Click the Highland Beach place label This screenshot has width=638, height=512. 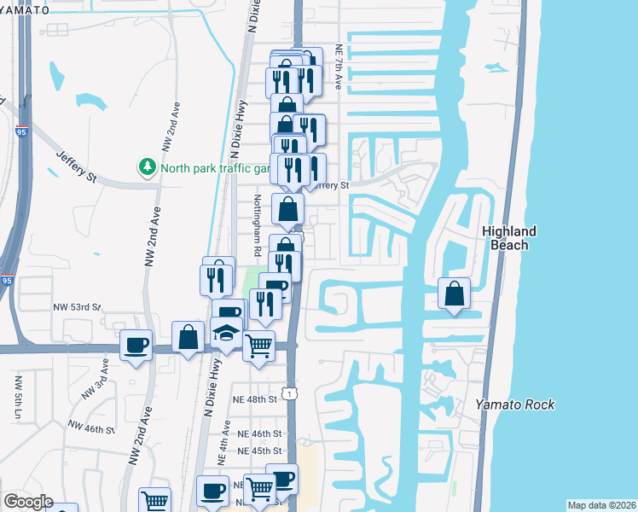[509, 238]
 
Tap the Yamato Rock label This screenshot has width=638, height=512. [515, 404]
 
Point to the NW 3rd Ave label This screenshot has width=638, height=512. [95, 380]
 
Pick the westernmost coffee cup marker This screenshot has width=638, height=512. [136, 345]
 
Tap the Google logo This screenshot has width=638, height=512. [28, 502]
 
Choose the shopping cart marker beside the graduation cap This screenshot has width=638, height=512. [258, 346]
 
